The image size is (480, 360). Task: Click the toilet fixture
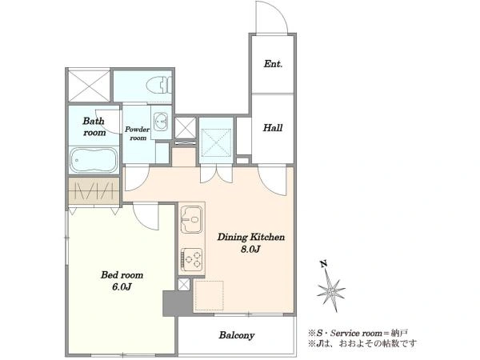pyautogui.click(x=158, y=85)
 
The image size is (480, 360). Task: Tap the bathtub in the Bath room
pyautogui.click(x=94, y=160)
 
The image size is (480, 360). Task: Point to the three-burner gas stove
pyautogui.click(x=192, y=260)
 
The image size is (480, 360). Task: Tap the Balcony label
pyautogui.click(x=237, y=335)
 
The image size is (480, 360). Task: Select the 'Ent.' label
pyautogui.click(x=273, y=64)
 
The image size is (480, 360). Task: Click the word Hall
pyautogui.click(x=273, y=127)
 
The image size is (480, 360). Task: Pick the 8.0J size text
pyautogui.click(x=250, y=249)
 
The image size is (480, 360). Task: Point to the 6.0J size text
pyautogui.click(x=122, y=287)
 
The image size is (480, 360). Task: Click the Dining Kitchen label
pyautogui.click(x=251, y=237)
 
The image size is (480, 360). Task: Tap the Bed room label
pyautogui.click(x=122, y=274)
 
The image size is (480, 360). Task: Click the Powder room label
pyautogui.click(x=137, y=134)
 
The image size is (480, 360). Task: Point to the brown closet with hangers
pyautogui.click(x=94, y=190)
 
